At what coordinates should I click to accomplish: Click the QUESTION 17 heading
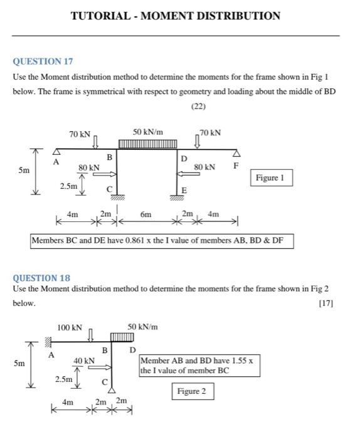click(43, 61)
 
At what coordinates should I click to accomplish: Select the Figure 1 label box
click(271, 178)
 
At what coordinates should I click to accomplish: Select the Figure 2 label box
click(192, 391)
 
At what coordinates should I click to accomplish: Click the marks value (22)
click(198, 106)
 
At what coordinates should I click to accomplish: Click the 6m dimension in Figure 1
click(146, 214)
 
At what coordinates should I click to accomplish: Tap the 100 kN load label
click(69, 327)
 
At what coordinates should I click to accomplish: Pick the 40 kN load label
click(84, 361)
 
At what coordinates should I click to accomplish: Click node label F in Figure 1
click(236, 166)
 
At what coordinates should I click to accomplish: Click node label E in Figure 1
click(184, 190)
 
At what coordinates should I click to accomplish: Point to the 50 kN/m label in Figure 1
click(148, 132)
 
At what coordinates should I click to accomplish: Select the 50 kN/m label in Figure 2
click(142, 327)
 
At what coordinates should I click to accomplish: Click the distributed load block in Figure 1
click(148, 145)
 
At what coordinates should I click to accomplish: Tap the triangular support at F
click(236, 154)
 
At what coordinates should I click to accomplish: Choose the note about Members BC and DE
click(162, 241)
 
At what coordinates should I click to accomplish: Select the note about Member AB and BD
click(199, 366)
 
